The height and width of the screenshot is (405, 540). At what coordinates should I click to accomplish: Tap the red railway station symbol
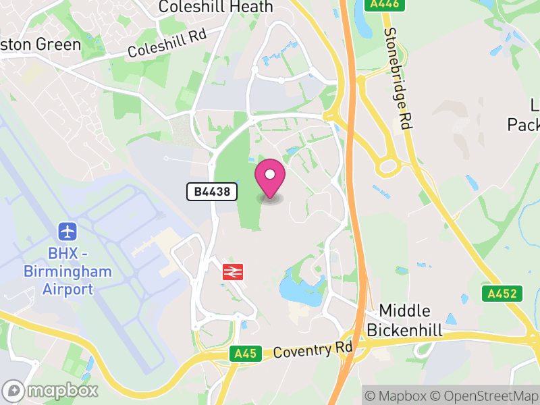232,272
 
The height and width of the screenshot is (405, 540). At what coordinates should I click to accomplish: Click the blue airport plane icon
67,232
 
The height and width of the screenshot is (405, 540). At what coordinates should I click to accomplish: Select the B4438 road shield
212,192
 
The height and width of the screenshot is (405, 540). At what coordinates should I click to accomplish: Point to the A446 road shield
385,4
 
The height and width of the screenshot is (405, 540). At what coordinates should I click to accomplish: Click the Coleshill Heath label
215,7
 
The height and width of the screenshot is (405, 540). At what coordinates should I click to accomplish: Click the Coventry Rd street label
313,351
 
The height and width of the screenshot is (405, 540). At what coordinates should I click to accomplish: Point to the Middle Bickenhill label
404,321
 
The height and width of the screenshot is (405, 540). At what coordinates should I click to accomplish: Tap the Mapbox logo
51,390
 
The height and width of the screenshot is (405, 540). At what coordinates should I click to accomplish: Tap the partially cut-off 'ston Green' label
40,45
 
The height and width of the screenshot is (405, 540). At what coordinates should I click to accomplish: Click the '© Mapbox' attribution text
396,396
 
